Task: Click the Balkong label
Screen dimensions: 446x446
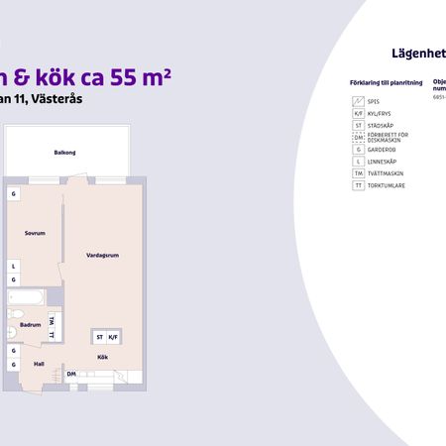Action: tap(66, 153)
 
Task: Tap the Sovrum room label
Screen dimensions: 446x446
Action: tap(36, 233)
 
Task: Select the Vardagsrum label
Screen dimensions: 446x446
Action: tap(103, 255)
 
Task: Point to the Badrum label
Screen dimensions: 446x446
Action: tap(30, 324)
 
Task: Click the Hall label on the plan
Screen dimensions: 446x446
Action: tap(39, 364)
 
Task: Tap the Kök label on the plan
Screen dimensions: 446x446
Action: tap(102, 357)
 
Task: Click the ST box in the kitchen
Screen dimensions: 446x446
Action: tap(100, 338)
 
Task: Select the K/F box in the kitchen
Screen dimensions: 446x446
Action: tap(113, 338)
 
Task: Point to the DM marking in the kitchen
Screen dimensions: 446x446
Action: tap(71, 374)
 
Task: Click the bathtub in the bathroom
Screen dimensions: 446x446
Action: tap(25, 296)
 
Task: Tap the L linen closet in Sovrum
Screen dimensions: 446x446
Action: tap(14, 266)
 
